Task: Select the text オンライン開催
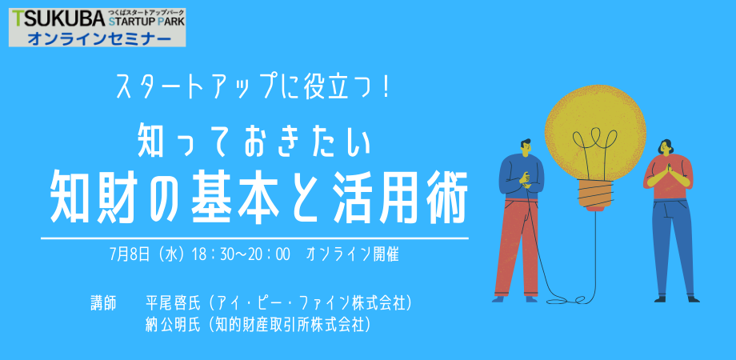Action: [352, 255]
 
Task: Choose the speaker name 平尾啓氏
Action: [174, 303]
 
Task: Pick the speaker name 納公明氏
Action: [174, 325]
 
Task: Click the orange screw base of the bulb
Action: [596, 194]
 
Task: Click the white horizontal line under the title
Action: [254, 238]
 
